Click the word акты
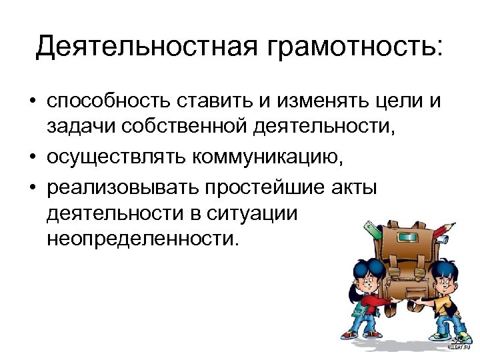pyautogui.click(x=354, y=187)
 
